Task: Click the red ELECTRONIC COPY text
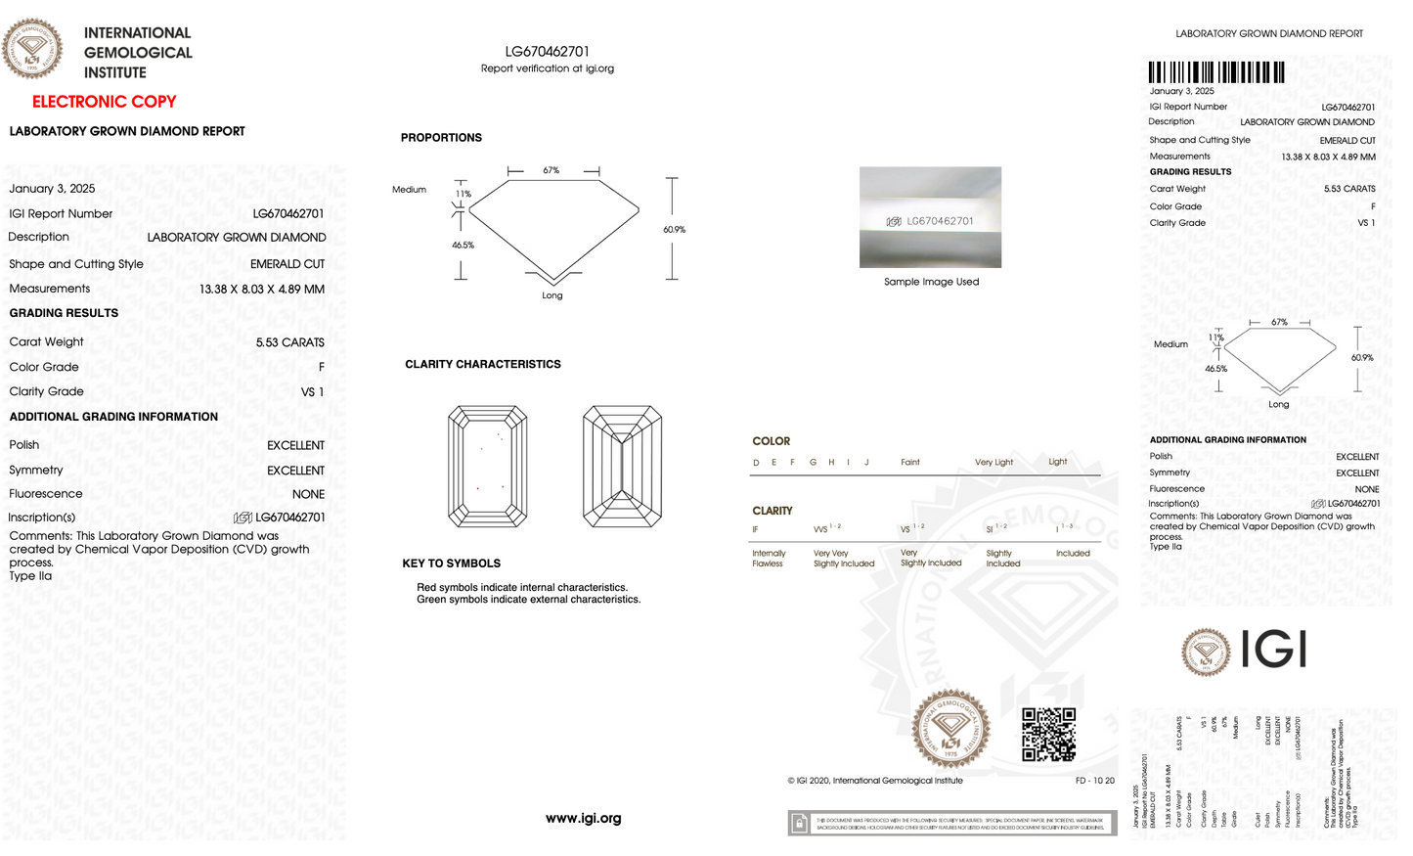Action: click(105, 102)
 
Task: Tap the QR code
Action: click(1048, 735)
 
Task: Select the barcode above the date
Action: click(1216, 72)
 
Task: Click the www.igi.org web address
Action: click(584, 819)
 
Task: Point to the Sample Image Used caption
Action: click(931, 282)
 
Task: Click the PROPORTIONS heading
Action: click(441, 138)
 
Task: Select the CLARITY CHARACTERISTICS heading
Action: click(483, 364)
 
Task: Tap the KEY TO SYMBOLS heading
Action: click(452, 563)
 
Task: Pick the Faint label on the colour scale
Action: click(910, 463)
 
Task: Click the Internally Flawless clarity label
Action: click(769, 559)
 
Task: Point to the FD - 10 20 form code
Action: click(1094, 781)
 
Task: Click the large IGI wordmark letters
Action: click(1274, 649)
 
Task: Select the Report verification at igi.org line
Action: click(548, 68)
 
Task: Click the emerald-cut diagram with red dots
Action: click(488, 467)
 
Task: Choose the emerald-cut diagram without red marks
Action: click(622, 467)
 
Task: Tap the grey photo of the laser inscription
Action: click(930, 217)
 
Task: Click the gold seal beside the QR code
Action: click(950, 729)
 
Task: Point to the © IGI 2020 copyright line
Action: click(875, 781)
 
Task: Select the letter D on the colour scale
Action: click(756, 463)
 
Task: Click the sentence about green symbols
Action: click(529, 600)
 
